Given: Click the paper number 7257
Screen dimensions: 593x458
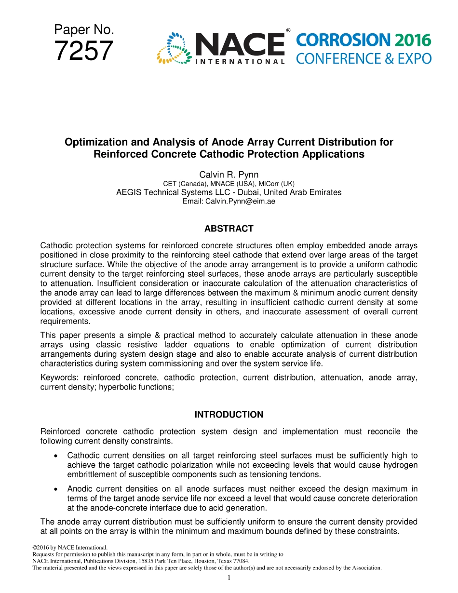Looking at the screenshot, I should [x=83, y=52].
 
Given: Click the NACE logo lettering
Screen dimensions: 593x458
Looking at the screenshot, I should [x=240, y=44].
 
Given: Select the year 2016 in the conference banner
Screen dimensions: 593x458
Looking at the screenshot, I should [x=412, y=40].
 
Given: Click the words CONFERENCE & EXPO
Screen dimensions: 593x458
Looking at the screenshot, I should [x=363, y=59].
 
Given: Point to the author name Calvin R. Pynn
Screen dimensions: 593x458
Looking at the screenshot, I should [x=229, y=175].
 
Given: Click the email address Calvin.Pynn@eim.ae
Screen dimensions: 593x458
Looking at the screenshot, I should [x=229, y=201].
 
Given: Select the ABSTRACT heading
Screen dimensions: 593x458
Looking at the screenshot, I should [x=229, y=229].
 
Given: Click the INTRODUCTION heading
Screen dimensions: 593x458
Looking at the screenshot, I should [x=229, y=415].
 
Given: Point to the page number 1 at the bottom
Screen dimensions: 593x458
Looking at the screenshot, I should [x=229, y=578].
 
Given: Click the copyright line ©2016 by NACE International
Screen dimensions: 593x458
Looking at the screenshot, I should [x=69, y=548].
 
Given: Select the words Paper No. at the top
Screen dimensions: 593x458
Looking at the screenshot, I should [x=84, y=30].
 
